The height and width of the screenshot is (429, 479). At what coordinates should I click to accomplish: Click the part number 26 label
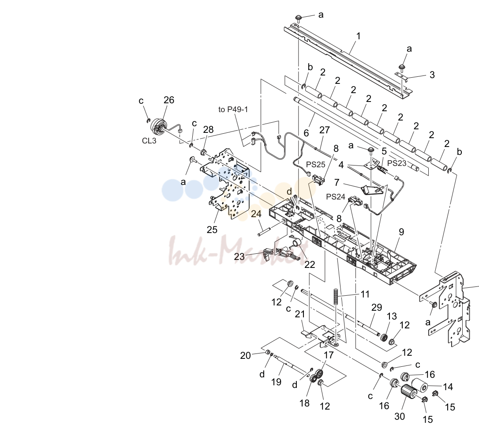168,100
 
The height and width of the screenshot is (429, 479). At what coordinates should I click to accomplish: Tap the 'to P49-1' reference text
233,109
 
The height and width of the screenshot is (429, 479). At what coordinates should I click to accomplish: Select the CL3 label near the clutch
149,141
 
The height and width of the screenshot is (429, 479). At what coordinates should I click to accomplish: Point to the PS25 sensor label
315,165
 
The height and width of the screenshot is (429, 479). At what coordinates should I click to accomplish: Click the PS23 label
397,163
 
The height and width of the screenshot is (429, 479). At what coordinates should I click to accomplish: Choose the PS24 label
336,196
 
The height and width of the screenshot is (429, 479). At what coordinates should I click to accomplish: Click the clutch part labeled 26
158,127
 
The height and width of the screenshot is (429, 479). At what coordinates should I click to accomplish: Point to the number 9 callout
401,232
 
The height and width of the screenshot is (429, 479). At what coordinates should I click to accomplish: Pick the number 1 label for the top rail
358,36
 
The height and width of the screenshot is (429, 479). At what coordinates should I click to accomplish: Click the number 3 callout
432,75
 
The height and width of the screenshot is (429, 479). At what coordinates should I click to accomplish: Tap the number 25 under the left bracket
212,230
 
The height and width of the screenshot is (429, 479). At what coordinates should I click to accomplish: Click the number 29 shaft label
377,307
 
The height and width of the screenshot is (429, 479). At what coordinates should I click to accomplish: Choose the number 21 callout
299,314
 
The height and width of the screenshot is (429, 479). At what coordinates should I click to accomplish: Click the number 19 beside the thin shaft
276,382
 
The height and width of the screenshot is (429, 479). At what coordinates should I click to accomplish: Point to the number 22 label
310,264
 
